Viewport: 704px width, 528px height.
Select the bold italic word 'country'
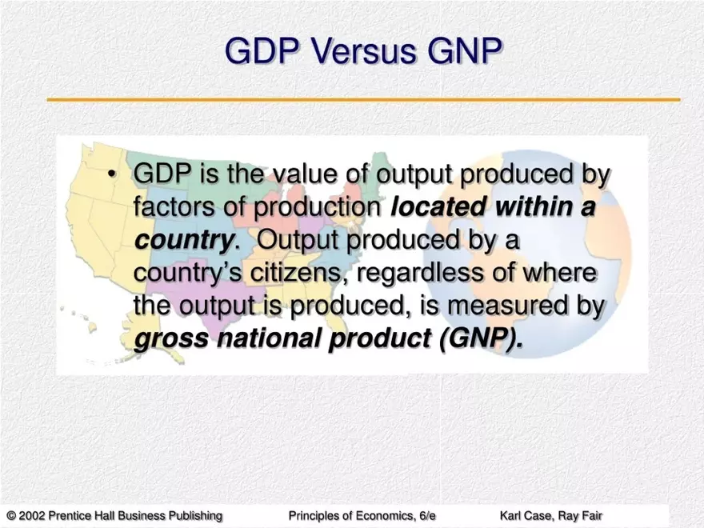pos(183,240)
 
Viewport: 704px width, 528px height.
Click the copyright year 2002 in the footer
pos(32,515)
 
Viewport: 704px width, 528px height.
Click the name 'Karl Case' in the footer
pos(525,515)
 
